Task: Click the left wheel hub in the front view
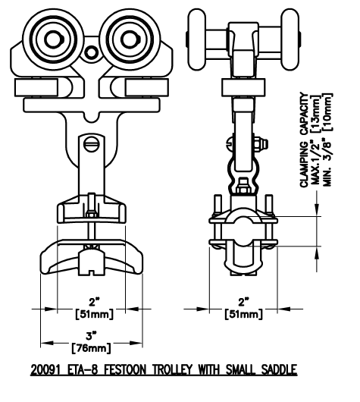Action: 54,39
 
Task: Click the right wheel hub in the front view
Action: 130,39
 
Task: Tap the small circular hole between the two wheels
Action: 91,52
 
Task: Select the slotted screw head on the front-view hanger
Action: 92,145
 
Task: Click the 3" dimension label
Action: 91,336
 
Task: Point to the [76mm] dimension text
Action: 92,348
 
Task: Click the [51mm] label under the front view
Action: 94,314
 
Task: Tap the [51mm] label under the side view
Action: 244,314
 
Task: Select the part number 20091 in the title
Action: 45,369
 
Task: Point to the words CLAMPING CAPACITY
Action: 304,140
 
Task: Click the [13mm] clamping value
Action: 315,114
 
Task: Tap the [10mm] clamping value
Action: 327,112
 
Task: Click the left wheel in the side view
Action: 196,39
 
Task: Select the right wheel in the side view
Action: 290,39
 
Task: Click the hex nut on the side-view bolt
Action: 261,144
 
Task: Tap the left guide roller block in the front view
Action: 36,87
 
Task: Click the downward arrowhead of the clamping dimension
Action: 317,209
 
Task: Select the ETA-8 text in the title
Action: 83,369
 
